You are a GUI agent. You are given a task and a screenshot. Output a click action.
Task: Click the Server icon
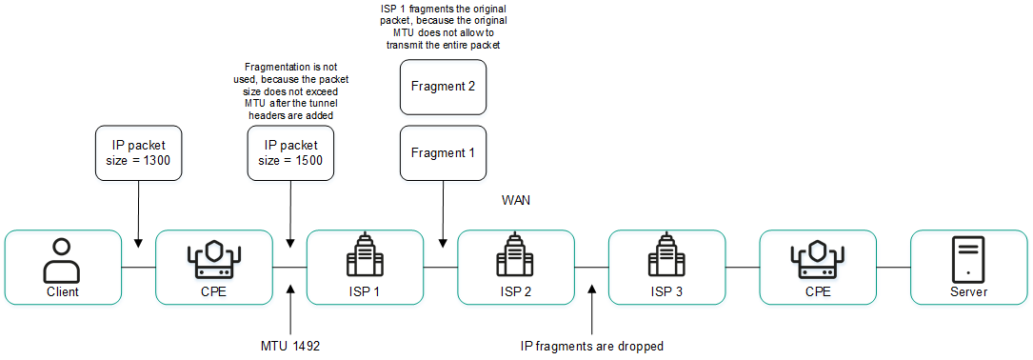click(968, 257)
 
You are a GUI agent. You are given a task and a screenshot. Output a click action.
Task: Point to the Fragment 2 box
click(443, 87)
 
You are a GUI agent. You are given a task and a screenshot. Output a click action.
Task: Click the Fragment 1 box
click(443, 152)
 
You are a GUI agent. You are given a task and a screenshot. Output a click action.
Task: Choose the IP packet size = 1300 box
click(139, 152)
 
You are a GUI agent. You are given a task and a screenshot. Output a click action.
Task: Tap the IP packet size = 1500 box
click(290, 152)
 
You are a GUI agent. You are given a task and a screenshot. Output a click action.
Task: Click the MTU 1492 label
click(290, 346)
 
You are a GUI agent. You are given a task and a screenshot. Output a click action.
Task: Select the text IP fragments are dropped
click(591, 346)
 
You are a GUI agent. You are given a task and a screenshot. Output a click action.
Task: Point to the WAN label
click(515, 201)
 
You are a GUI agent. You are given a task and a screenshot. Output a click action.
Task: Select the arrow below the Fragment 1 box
click(443, 214)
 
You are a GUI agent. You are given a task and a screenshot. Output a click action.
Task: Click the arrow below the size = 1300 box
click(139, 214)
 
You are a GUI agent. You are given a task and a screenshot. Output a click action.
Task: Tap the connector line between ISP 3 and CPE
click(742, 268)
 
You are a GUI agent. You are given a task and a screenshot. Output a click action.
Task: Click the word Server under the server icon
click(968, 291)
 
